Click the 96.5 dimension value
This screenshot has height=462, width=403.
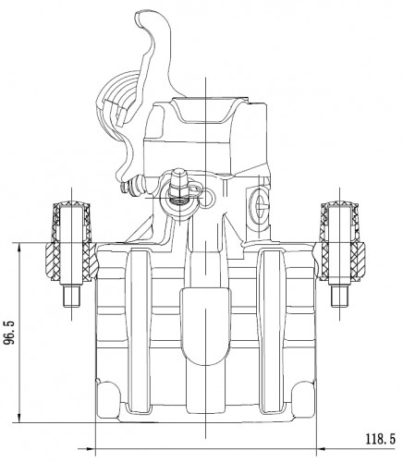click(9, 333)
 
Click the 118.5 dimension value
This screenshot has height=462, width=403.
click(380, 439)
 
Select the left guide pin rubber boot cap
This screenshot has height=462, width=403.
click(72, 204)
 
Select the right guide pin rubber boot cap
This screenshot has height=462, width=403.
click(339, 204)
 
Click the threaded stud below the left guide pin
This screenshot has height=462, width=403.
click(72, 297)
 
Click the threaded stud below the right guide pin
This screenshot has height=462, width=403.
click(339, 297)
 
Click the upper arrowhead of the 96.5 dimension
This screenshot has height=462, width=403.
click(19, 246)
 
